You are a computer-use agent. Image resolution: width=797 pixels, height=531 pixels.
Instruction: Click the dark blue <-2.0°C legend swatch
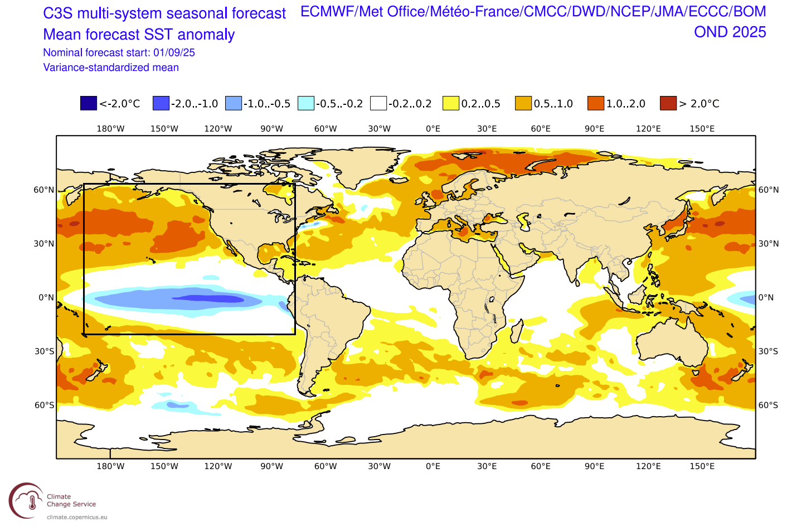[89, 103]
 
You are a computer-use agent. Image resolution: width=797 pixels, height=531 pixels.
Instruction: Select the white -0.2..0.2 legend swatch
[378, 103]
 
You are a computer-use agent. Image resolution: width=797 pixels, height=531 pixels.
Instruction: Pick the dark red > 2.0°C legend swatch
[668, 103]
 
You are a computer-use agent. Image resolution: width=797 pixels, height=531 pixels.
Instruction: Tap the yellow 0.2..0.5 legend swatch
[451, 103]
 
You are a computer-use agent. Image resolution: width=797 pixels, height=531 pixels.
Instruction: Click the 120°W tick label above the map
[218, 129]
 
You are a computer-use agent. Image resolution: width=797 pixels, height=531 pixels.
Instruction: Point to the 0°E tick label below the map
[433, 466]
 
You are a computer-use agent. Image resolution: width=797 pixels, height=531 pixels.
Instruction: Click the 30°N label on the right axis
[769, 244]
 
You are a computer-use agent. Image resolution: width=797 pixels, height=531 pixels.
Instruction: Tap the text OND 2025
[730, 32]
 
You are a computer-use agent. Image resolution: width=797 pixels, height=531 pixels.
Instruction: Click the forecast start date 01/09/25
[174, 52]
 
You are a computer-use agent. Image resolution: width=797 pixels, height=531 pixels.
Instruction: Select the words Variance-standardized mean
[111, 67]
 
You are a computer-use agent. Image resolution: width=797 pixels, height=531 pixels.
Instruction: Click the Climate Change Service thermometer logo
[26, 500]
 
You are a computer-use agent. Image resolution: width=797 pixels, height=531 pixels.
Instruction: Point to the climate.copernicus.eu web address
[77, 517]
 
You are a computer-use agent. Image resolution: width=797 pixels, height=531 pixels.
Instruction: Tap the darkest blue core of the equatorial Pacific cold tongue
[209, 299]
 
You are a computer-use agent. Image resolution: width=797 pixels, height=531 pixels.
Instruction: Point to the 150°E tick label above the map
[702, 129]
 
